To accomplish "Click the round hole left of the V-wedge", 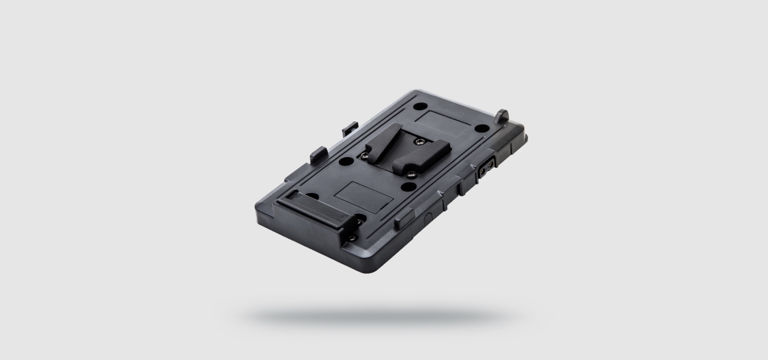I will (x=347, y=161).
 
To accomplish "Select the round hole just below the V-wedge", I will (x=410, y=186).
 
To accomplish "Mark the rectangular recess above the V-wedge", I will (x=444, y=123).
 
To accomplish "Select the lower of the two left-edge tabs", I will (x=318, y=153).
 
